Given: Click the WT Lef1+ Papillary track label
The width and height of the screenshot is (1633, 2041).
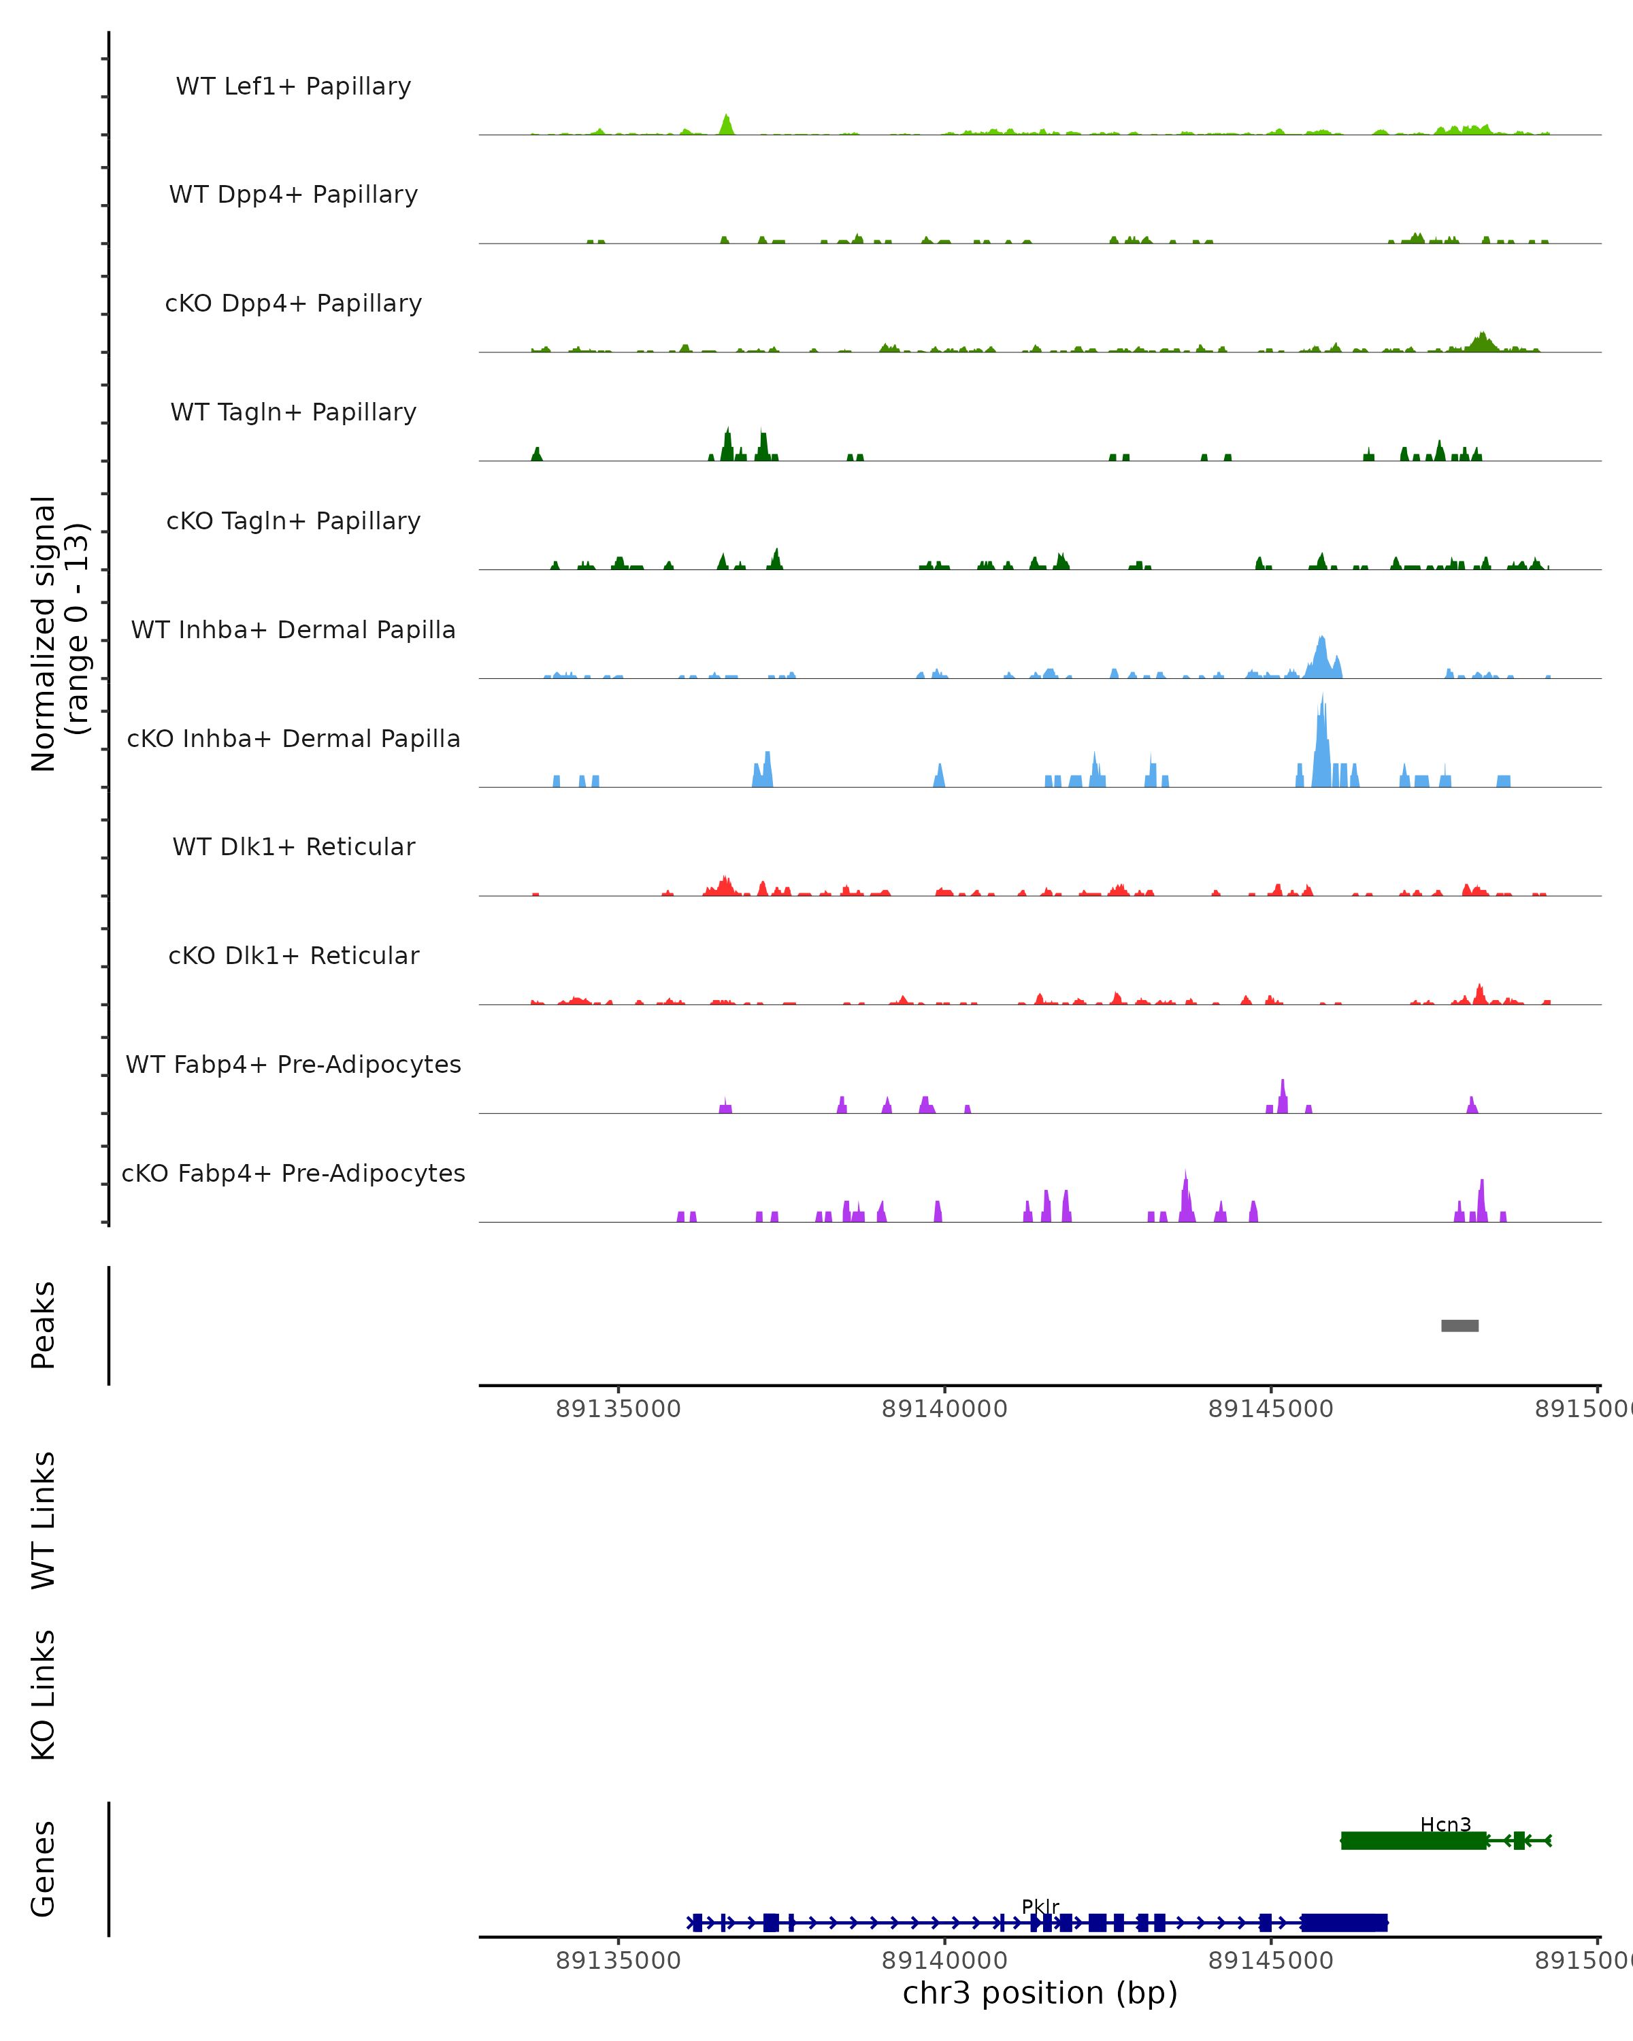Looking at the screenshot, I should (x=293, y=86).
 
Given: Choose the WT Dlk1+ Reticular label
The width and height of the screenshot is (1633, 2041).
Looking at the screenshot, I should (x=293, y=846).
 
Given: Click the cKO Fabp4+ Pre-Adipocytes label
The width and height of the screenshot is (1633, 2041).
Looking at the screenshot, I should (x=293, y=1173).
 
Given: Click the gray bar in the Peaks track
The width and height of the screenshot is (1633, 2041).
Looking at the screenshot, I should (x=1459, y=1325).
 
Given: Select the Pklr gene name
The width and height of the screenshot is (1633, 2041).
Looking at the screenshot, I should (x=1040, y=1906).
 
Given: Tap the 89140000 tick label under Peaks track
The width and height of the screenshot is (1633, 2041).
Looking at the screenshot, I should (x=944, y=1409).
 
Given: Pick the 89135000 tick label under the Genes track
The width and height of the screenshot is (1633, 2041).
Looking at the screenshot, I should (x=618, y=1961).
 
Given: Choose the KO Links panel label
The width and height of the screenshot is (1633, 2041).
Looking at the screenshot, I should (x=44, y=1695).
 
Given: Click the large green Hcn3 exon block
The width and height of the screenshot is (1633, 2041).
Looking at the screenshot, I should (x=1413, y=1840).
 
